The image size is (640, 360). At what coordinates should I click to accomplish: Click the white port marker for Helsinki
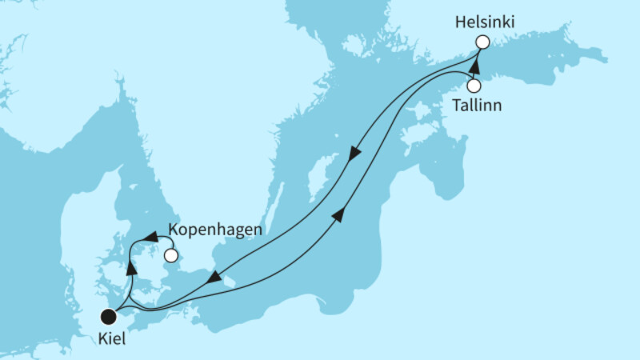pos(482,42)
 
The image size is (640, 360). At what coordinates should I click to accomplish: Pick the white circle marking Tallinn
pos(474,86)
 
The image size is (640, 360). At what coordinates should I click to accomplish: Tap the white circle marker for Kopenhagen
pos(170,256)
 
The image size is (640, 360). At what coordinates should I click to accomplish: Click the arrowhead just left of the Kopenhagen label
pos(150,236)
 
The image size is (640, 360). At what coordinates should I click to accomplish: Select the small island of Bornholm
pos(229,280)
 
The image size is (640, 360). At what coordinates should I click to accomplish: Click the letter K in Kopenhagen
pos(173,230)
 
